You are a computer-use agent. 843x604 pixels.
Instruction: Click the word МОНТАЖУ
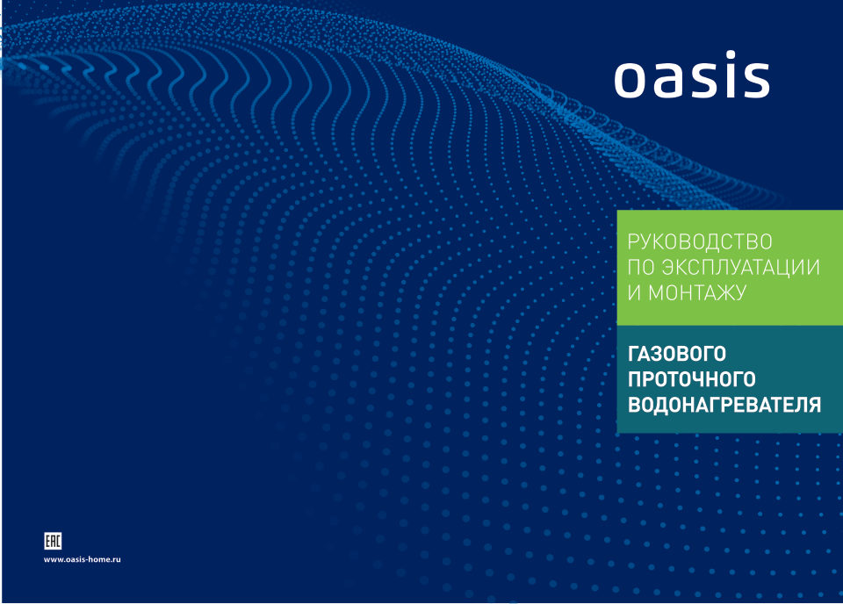[698, 293]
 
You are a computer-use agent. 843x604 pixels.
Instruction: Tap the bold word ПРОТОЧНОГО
[692, 380]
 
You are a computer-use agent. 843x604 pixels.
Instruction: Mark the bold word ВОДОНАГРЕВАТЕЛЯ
[724, 405]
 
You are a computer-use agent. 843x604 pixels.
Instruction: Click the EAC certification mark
[53, 540]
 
